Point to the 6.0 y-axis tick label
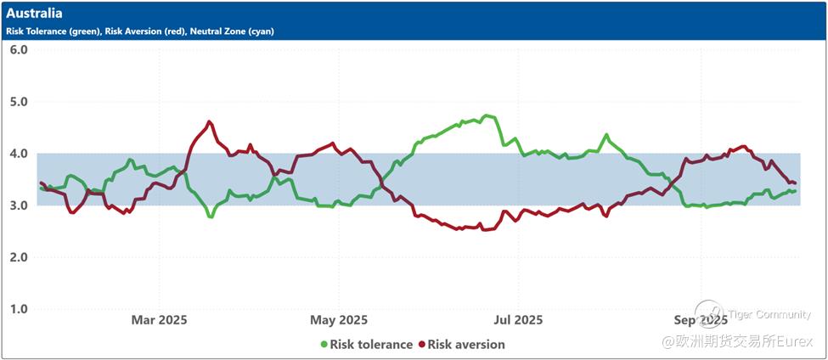(x=19, y=49)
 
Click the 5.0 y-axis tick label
(x=19, y=102)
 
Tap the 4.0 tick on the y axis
(x=19, y=154)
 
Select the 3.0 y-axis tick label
(x=19, y=205)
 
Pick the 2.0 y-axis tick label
(x=19, y=257)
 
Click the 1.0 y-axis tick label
(x=19, y=309)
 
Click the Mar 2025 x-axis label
(x=159, y=320)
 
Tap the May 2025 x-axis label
(x=339, y=320)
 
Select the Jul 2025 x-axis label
(x=518, y=320)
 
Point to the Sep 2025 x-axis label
(x=701, y=320)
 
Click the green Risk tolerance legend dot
(x=324, y=345)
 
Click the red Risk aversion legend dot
(x=421, y=345)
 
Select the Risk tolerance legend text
(x=371, y=345)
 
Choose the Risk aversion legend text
(x=466, y=345)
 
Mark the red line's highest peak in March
(x=209, y=121)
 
